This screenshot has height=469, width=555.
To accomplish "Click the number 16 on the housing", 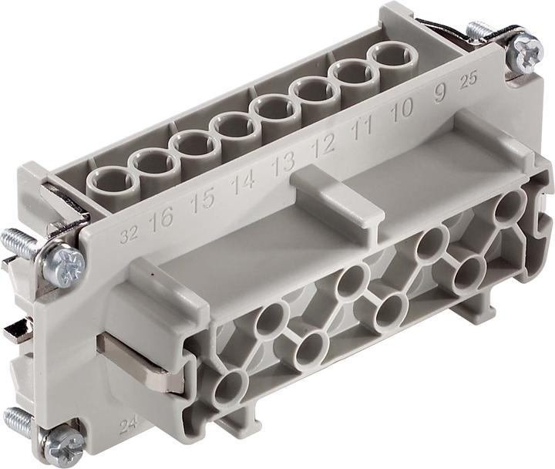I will [162, 220].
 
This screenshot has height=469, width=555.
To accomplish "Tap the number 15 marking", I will [203, 201].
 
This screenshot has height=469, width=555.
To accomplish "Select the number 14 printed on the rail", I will [244, 182].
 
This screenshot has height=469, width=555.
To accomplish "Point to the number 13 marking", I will [283, 164].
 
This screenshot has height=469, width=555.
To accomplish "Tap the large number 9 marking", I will [439, 95].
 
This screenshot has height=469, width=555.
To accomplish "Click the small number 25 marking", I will [468, 83].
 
